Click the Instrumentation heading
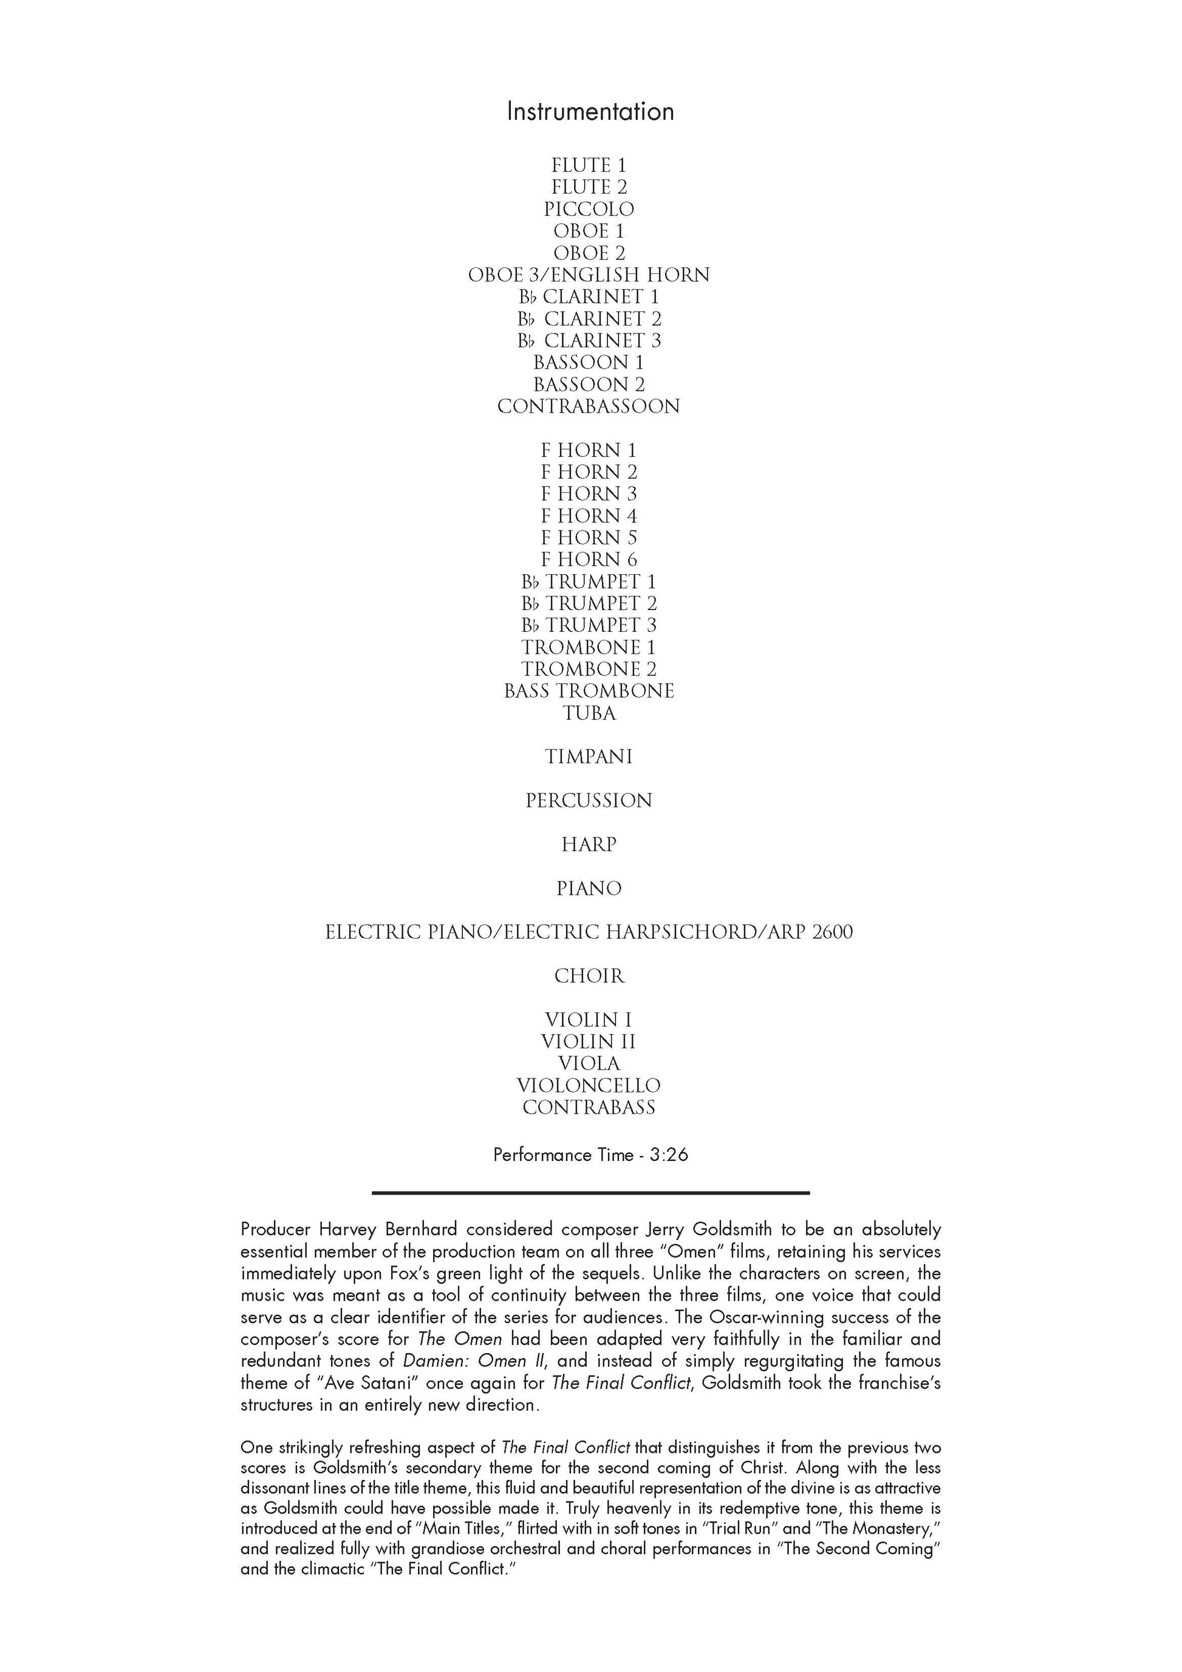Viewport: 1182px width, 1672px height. pos(590,111)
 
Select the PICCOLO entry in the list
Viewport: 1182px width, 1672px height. pos(589,209)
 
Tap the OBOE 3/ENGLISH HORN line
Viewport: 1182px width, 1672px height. pos(589,275)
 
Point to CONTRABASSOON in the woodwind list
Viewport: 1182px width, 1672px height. pos(589,406)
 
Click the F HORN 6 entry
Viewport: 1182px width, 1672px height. pos(589,560)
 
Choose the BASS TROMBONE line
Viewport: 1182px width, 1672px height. pos(589,691)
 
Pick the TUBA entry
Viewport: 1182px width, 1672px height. pos(589,713)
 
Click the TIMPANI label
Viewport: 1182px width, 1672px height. pos(589,756)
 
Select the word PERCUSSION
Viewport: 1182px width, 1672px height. pos(589,800)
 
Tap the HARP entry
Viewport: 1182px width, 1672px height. pos(589,845)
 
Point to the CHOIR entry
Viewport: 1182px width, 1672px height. pos(589,976)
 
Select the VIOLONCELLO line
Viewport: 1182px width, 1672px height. pos(589,1085)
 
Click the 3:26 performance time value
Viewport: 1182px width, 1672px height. pos(669,1155)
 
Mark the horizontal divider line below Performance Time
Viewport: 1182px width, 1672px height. pos(590,1193)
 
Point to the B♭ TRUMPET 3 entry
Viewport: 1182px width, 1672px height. pos(589,625)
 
